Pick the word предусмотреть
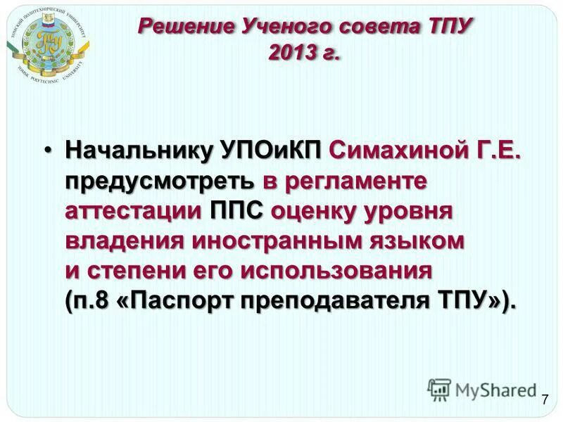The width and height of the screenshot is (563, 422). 160,181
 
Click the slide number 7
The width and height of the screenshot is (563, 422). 545,400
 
